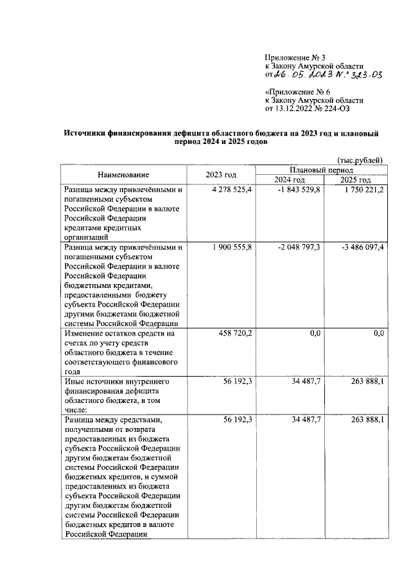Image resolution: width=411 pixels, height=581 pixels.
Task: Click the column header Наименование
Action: click(124, 175)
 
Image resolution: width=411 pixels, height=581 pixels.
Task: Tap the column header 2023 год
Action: click(221, 175)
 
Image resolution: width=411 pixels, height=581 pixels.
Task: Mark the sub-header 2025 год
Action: click(356, 180)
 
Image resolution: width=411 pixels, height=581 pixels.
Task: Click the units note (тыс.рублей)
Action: click(360, 159)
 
